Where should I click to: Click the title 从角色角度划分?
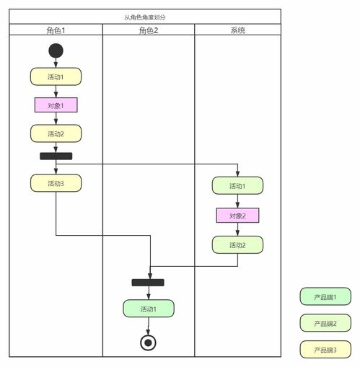[144, 16]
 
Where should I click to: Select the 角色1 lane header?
[56, 30]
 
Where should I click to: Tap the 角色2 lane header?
[148, 30]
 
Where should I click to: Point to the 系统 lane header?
[237, 30]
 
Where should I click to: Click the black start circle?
[56, 50]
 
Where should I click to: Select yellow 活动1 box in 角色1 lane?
[56, 76]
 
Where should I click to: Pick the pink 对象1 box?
[56, 105]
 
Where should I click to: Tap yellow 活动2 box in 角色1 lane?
[56, 133]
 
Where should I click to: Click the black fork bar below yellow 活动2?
[56, 156]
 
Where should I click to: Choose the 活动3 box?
[56, 183]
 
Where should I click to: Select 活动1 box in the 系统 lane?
[237, 186]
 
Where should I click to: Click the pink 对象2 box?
[237, 216]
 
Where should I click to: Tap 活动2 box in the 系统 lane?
[237, 244]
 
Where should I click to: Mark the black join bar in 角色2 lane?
[148, 282]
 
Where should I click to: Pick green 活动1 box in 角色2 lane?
[148, 309]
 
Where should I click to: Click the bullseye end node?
[149, 342]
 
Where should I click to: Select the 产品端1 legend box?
[325, 296]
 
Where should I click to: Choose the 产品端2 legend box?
[325, 323]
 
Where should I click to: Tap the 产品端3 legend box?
[325, 350]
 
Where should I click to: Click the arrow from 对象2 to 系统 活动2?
[237, 229]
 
